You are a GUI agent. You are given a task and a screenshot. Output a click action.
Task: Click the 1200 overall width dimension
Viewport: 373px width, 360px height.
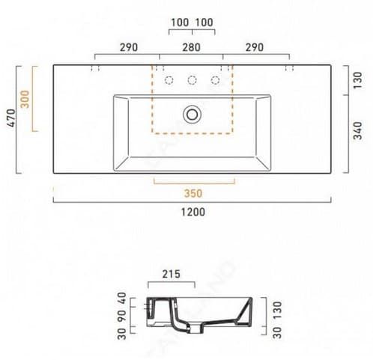point(192,212)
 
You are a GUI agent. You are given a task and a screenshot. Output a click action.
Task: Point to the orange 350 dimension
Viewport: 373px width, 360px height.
point(193,193)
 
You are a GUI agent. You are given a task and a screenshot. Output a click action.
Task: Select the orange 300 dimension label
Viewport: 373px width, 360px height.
point(25,99)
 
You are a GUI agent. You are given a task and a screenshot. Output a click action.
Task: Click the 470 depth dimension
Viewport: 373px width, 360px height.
point(12,118)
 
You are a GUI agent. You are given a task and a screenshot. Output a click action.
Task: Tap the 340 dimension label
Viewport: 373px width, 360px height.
point(357,130)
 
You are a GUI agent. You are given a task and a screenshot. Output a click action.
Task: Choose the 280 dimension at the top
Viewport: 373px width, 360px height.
point(191,47)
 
